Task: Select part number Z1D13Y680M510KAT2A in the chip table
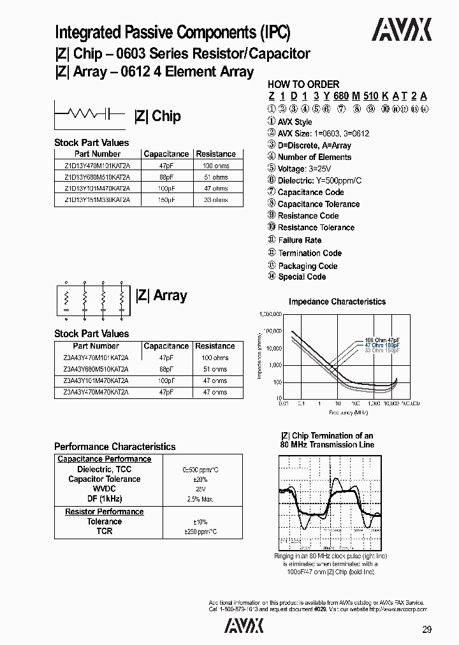[x=98, y=177]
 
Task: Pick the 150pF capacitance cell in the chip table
[x=166, y=200]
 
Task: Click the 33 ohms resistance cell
[x=215, y=200]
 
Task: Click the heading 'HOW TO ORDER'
[x=303, y=84]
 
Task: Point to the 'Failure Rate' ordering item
[x=300, y=240]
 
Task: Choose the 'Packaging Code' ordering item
[x=307, y=266]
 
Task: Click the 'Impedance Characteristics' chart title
[x=337, y=301]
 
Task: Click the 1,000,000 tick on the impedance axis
[x=271, y=314]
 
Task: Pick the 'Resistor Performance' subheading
[x=105, y=512]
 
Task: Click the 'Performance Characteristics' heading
[x=115, y=447]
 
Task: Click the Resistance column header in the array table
[x=215, y=346]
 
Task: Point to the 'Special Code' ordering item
[x=302, y=277]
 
